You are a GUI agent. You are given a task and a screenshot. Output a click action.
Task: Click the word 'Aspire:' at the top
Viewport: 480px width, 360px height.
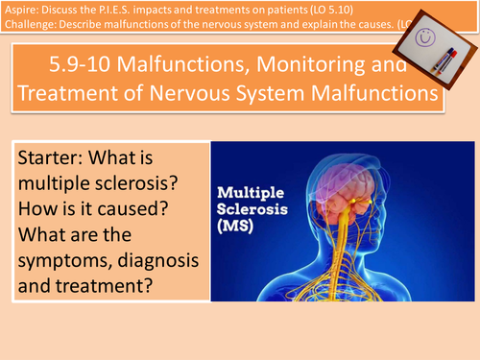coord(22,10)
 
